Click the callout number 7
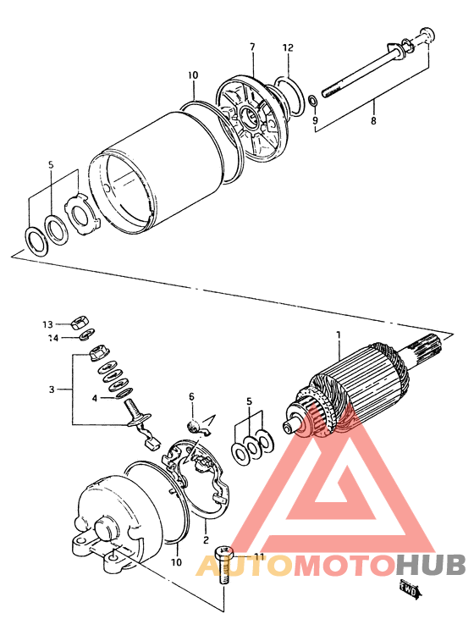[252, 47]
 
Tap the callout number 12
[288, 47]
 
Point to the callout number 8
[373, 120]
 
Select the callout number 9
[315, 119]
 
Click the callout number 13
[47, 324]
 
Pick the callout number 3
[52, 390]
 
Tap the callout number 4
[95, 398]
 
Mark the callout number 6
[192, 396]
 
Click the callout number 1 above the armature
[339, 335]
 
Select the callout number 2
[206, 539]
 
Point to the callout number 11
[259, 556]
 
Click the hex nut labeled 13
[80, 323]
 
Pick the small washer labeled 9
[312, 101]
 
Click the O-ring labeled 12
[289, 96]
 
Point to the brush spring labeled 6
[192, 427]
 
